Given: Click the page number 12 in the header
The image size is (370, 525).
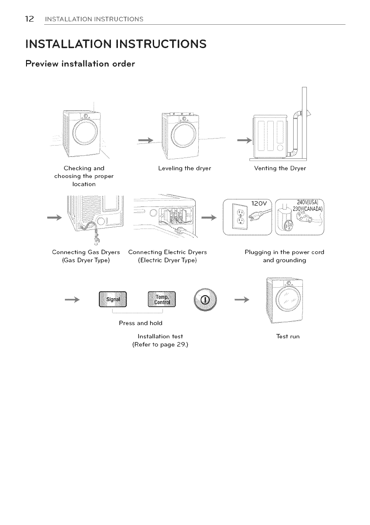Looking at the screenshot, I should tap(29, 19).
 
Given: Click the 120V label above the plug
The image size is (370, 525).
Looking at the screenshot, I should tap(259, 204).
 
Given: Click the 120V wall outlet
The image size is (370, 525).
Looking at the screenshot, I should tap(240, 218).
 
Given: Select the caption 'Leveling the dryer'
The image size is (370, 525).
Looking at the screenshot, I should tap(185, 169).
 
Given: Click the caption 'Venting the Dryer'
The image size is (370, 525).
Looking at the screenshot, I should tap(280, 169).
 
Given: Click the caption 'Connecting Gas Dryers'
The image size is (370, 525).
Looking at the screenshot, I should tap(80, 252).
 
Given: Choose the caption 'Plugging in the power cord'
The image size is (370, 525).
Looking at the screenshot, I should tap(284, 252).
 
